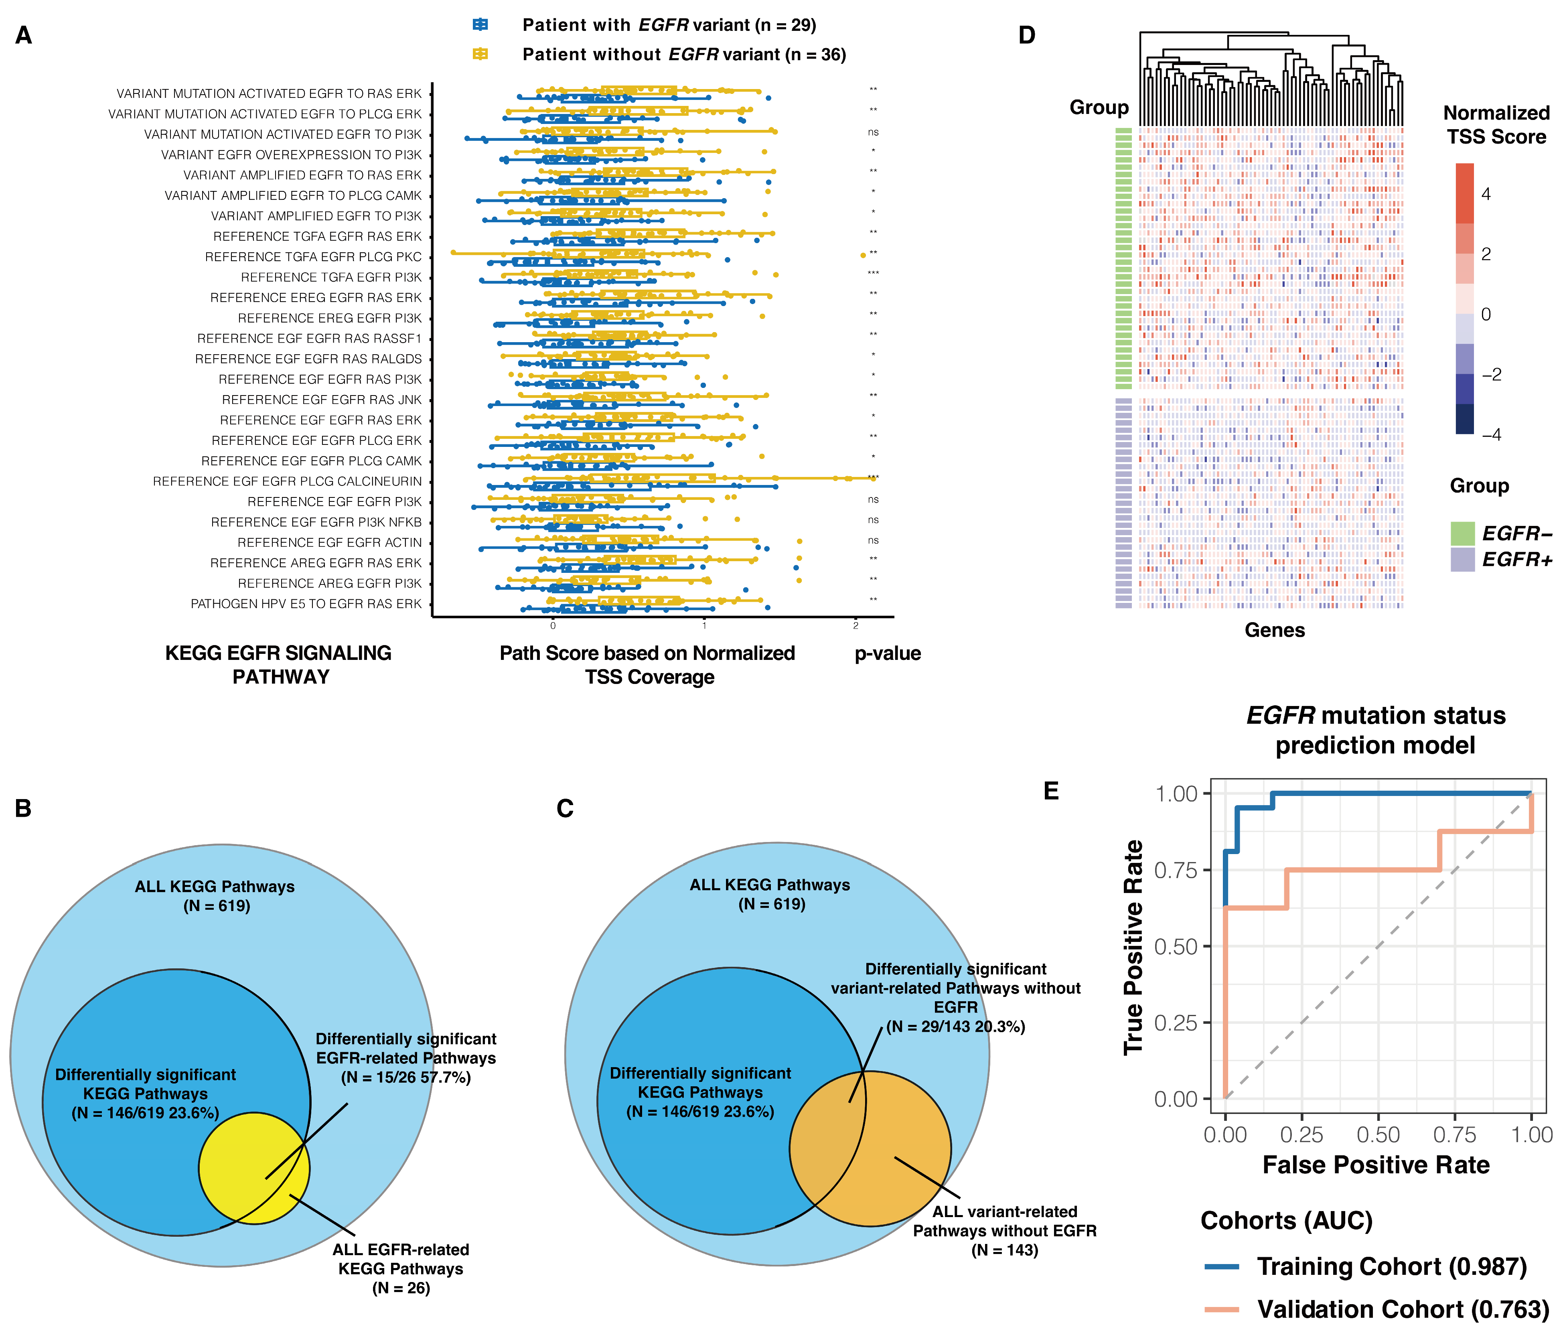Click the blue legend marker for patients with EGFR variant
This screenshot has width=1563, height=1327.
pyautogui.click(x=480, y=25)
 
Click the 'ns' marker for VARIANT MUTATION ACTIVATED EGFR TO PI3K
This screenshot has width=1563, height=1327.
pyautogui.click(x=872, y=132)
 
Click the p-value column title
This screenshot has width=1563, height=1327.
pyautogui.click(x=888, y=653)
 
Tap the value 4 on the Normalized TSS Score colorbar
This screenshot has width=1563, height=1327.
pyautogui.click(x=1486, y=194)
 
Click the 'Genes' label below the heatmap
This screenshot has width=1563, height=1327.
pyautogui.click(x=1274, y=630)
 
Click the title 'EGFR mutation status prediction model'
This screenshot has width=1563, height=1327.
pyautogui.click(x=1376, y=730)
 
